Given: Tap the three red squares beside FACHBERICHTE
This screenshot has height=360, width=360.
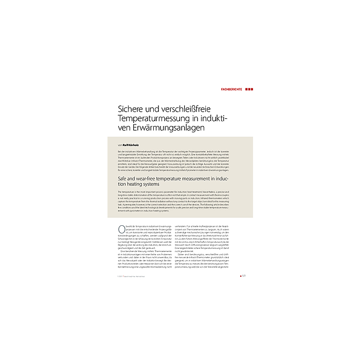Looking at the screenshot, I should (249, 89).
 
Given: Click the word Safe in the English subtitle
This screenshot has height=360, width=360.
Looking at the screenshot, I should (123, 178).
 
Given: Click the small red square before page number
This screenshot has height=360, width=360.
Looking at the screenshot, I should (240, 276).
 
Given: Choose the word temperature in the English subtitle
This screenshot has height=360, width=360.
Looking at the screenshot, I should (179, 178).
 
